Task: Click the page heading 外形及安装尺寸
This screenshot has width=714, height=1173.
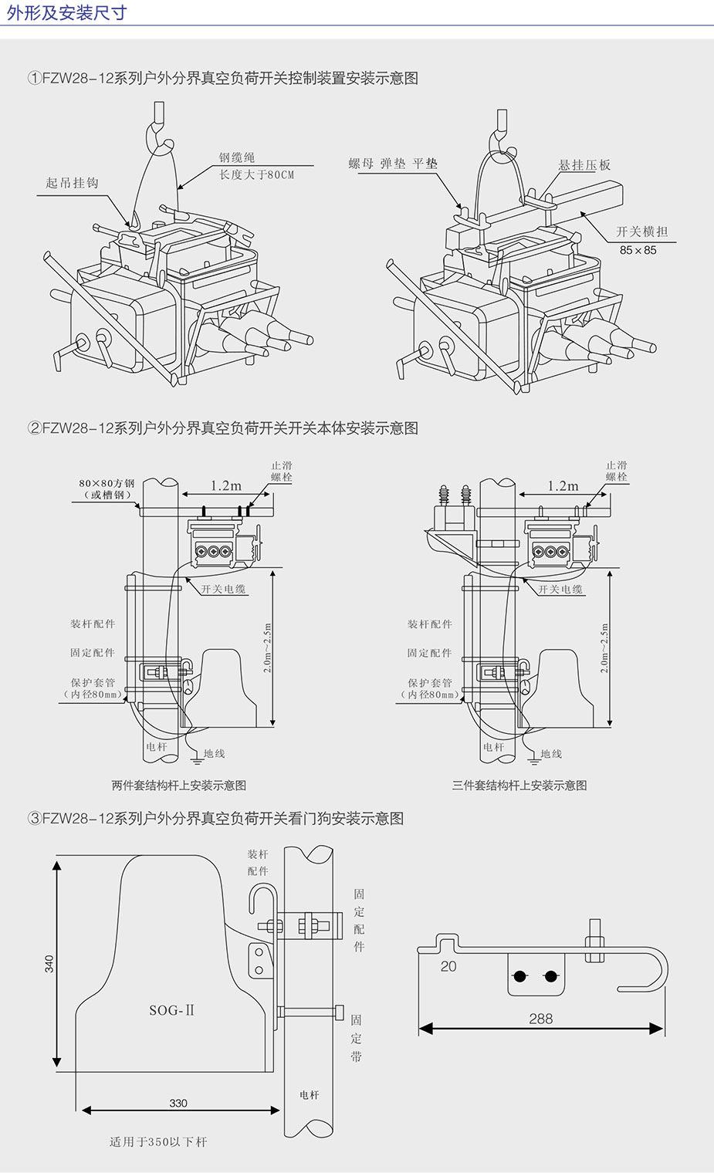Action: [66, 13]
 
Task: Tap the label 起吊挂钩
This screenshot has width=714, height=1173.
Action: [72, 183]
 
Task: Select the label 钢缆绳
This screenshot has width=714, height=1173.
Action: [236, 157]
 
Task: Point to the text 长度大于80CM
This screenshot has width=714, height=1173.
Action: [256, 174]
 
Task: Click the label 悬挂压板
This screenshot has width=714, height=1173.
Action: [584, 165]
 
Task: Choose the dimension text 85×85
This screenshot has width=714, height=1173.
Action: [638, 250]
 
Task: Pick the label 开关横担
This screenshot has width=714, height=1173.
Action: [641, 232]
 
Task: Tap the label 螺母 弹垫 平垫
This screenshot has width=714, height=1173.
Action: [392, 164]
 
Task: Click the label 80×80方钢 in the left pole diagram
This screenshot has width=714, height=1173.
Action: [107, 484]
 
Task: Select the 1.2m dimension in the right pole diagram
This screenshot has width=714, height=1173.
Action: [563, 485]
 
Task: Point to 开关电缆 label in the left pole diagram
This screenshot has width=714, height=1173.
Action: [223, 589]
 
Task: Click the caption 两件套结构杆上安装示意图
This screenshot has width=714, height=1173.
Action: [179, 786]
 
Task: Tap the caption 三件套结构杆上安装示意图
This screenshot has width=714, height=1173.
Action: [519, 786]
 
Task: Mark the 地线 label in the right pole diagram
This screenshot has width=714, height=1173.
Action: [551, 754]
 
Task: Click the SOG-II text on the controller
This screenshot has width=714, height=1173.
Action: [171, 1010]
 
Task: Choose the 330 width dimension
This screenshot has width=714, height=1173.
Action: [178, 1103]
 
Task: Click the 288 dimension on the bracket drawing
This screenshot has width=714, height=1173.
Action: [541, 1019]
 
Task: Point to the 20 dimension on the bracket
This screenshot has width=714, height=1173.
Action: [448, 966]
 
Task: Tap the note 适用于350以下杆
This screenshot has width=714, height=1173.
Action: [158, 1142]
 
